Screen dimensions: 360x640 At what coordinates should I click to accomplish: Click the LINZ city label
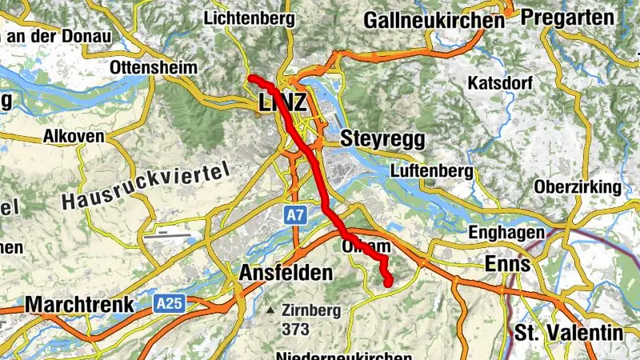pos(282,102)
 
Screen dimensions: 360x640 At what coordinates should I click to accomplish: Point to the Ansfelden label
pos(286,273)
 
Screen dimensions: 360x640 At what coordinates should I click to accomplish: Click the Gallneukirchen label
pos(434,20)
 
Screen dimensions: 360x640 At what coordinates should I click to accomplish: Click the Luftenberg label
pos(427,171)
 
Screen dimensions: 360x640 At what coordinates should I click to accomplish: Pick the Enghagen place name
pos(507,233)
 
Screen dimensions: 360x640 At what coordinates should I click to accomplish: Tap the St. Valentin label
pos(569,332)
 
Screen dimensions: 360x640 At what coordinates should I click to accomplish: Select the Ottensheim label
pos(154,67)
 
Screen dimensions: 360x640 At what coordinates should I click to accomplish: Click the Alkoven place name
pos(74,136)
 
